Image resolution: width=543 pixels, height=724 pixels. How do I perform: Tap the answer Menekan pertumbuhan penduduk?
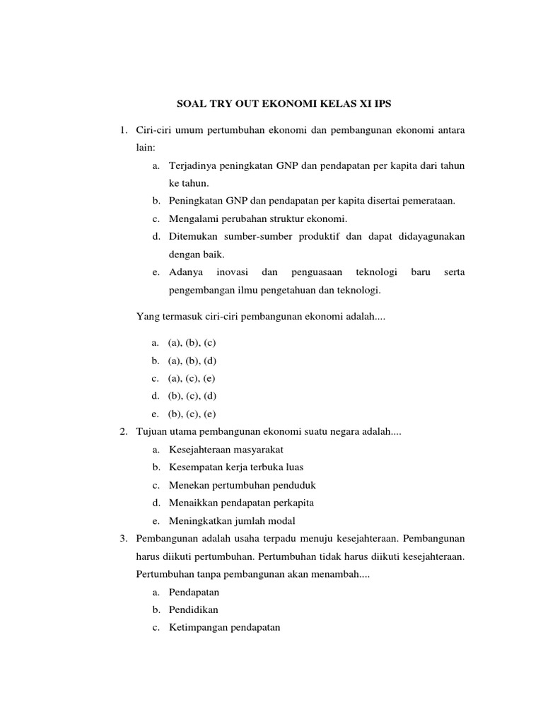(242, 485)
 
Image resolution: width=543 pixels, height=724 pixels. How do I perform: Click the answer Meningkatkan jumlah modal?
(232, 521)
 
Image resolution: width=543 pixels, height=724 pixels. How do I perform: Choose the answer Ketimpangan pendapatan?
(225, 627)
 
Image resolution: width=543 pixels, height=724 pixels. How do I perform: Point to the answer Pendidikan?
(194, 609)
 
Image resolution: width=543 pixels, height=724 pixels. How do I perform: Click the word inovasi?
(233, 272)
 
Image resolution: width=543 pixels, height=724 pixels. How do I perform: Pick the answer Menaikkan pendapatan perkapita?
(241, 503)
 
